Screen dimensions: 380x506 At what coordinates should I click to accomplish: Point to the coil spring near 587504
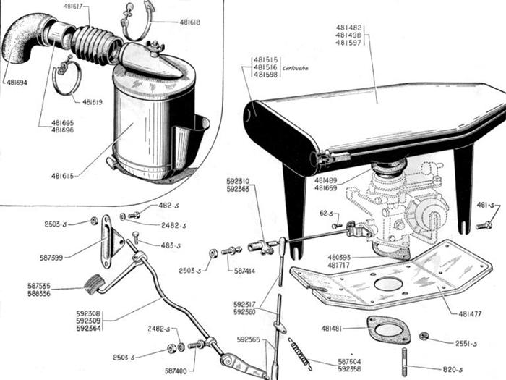[300, 351]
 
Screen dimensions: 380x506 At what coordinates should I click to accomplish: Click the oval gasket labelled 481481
[389, 329]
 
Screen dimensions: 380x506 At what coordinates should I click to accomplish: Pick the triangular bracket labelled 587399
[112, 235]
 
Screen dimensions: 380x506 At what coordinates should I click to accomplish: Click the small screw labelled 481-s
[484, 225]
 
